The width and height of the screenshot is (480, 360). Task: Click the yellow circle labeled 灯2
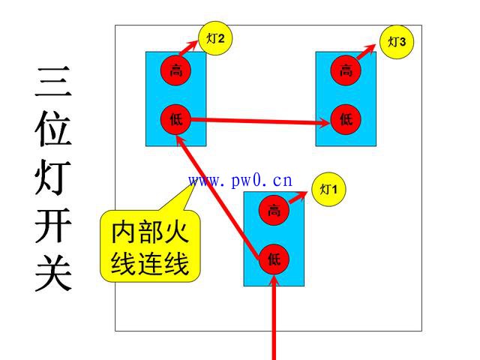(215, 38)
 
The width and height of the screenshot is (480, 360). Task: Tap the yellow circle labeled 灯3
(397, 42)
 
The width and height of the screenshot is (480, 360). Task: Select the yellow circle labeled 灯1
(328, 189)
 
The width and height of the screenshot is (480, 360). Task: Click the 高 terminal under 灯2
(175, 70)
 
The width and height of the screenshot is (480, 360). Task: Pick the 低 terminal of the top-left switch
(175, 119)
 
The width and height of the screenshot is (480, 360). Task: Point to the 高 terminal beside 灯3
(346, 70)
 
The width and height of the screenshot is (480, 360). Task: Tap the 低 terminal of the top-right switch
(346, 119)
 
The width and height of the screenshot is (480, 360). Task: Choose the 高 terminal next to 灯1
(274, 210)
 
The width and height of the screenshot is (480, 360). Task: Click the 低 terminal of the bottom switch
(274, 259)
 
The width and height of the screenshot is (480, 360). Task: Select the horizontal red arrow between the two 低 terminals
(261, 121)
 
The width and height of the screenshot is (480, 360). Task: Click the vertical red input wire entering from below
(274, 317)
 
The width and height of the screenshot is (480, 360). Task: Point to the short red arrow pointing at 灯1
(298, 197)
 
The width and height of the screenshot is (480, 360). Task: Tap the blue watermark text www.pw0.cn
(240, 181)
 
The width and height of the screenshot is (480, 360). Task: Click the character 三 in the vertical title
(53, 82)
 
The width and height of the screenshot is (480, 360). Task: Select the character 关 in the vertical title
(53, 273)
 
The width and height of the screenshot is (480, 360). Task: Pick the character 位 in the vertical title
(53, 128)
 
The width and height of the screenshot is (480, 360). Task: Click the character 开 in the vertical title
(53, 225)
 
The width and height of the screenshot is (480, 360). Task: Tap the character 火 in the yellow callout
(175, 232)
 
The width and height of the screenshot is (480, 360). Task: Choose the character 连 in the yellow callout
(150, 263)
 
